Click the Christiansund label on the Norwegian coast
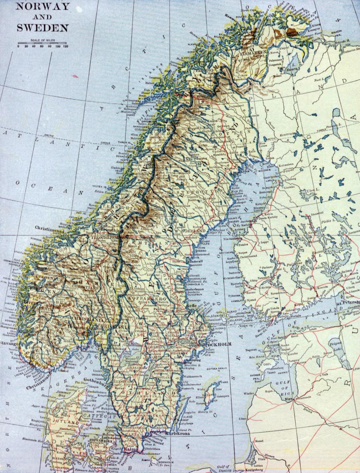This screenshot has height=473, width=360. [x=49, y=227]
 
